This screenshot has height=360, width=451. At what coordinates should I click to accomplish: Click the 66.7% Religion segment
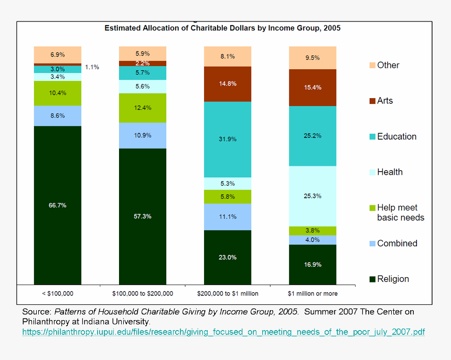pyautogui.click(x=58, y=205)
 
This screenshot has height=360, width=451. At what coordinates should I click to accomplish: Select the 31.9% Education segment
pyautogui.click(x=228, y=139)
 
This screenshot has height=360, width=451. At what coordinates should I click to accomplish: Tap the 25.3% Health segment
pyautogui.click(x=313, y=196)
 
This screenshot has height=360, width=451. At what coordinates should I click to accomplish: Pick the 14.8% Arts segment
pyautogui.click(x=228, y=83)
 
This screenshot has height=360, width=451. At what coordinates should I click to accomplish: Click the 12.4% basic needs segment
pyautogui.click(x=143, y=108)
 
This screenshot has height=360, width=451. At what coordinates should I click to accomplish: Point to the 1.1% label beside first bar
pyautogui.click(x=92, y=67)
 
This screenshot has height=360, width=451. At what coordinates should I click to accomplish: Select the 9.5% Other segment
pyautogui.click(x=313, y=58)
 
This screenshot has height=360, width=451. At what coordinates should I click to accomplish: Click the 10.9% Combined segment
pyautogui.click(x=143, y=135)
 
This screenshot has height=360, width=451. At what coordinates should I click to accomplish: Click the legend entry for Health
pyautogui.click(x=390, y=172)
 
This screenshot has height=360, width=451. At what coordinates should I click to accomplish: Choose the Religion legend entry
pyautogui.click(x=393, y=279)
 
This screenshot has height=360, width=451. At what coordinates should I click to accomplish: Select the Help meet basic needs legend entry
pyautogui.click(x=400, y=213)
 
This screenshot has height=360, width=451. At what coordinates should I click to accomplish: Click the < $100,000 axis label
pyautogui.click(x=58, y=293)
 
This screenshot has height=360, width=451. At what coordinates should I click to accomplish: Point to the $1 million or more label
pyautogui.click(x=313, y=293)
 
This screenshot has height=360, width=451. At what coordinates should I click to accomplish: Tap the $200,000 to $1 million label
pyautogui.click(x=228, y=293)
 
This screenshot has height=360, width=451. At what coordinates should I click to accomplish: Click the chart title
pyautogui.click(x=222, y=28)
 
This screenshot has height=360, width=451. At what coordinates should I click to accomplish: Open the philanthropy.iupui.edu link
pyautogui.click(x=223, y=332)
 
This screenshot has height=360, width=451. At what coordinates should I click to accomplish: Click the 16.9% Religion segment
pyautogui.click(x=313, y=264)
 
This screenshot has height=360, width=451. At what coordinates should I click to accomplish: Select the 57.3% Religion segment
pyautogui.click(x=143, y=216)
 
